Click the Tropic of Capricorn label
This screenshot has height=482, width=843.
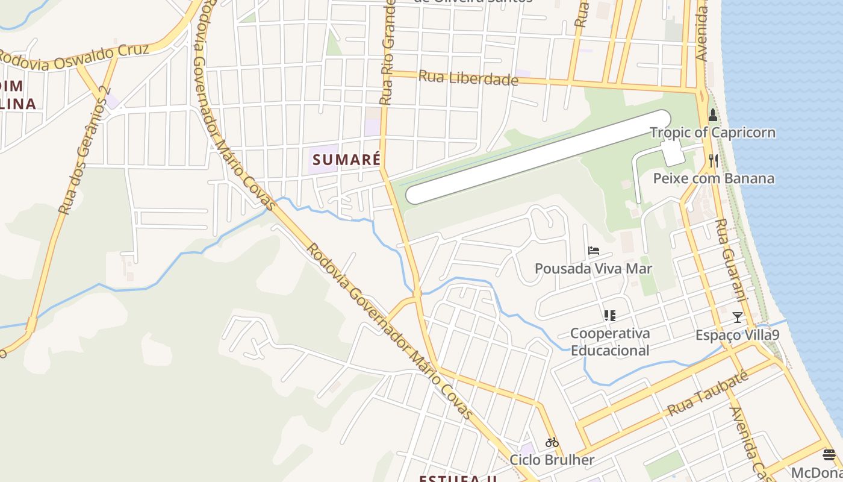[712, 133]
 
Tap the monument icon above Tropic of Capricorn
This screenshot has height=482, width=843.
[713, 114]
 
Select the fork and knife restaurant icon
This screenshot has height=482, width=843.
[714, 160]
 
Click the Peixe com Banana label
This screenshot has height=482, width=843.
[714, 178]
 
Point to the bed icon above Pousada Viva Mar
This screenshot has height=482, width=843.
[594, 251]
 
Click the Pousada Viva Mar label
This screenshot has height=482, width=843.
[593, 268]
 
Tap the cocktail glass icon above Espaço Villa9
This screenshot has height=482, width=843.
[737, 317]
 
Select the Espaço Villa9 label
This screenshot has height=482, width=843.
[737, 334]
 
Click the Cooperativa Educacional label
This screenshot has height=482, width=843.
[610, 342]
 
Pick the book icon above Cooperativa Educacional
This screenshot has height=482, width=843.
[609, 315]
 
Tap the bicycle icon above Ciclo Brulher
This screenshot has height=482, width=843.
[552, 442]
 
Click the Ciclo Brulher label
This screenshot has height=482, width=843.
[552, 460]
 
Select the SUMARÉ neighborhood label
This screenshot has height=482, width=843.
[346, 160]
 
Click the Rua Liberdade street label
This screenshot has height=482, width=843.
[468, 78]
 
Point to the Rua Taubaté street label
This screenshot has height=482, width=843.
[708, 395]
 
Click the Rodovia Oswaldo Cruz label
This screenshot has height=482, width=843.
[72, 59]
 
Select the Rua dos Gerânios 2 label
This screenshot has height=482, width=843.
[85, 151]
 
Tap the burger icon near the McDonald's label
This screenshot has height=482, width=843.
[829, 454]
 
